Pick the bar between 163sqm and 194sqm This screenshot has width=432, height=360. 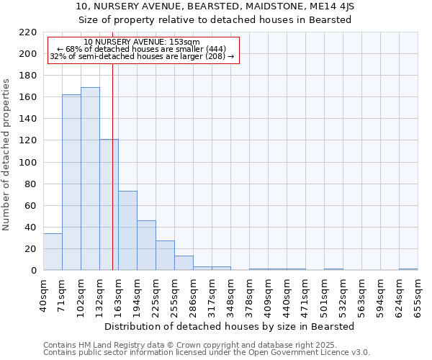coord(127,230)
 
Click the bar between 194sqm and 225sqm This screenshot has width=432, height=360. coord(146,246)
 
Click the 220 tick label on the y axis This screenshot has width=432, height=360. coord(28,32)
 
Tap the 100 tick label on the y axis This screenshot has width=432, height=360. coord(28,163)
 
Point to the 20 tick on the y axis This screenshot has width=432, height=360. coord(31,249)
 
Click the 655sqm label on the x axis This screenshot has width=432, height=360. coord(418,294)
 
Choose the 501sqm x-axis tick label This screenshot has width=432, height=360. coord(325,294)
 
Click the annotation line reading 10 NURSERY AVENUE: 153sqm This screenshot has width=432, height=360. coord(142,42)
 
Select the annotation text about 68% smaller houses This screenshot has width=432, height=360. coord(142,49)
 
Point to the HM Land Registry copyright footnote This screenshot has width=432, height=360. coord(206,345)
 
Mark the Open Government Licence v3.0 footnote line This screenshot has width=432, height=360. coord(206,353)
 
